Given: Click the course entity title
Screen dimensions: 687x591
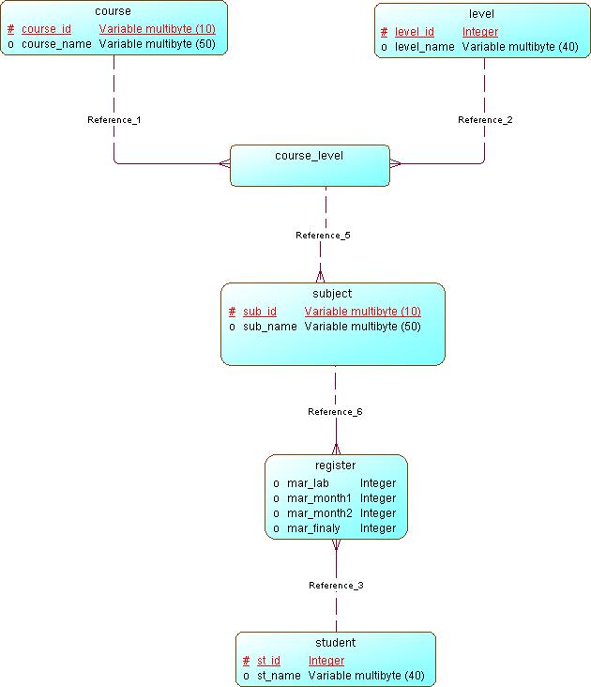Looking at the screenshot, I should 113,11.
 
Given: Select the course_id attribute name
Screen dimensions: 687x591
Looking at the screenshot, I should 46,29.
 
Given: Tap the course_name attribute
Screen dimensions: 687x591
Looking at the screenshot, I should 57,43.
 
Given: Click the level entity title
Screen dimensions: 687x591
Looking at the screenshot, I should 481,14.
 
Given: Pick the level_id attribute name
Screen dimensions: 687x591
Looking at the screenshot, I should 414,32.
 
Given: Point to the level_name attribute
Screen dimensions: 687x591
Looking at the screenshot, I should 425,46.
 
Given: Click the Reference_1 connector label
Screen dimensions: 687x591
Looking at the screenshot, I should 114,120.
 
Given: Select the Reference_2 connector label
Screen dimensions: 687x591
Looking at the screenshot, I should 485,120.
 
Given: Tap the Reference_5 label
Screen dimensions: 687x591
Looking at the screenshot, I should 323,235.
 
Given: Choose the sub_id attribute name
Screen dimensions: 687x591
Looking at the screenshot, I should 260,312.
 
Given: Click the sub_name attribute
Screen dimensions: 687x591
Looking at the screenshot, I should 270,327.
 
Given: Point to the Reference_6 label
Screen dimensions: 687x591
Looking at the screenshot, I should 335,412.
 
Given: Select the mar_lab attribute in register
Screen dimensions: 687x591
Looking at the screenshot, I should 308,483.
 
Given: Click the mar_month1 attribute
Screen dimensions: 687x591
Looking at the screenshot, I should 319,498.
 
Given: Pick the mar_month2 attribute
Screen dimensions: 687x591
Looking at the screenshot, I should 319,513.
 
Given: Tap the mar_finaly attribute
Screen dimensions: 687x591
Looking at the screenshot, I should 315,528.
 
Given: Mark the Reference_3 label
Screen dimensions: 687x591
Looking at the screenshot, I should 336,586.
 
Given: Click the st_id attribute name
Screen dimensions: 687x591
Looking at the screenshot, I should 268,661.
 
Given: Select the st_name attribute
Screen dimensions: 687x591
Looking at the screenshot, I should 279,676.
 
